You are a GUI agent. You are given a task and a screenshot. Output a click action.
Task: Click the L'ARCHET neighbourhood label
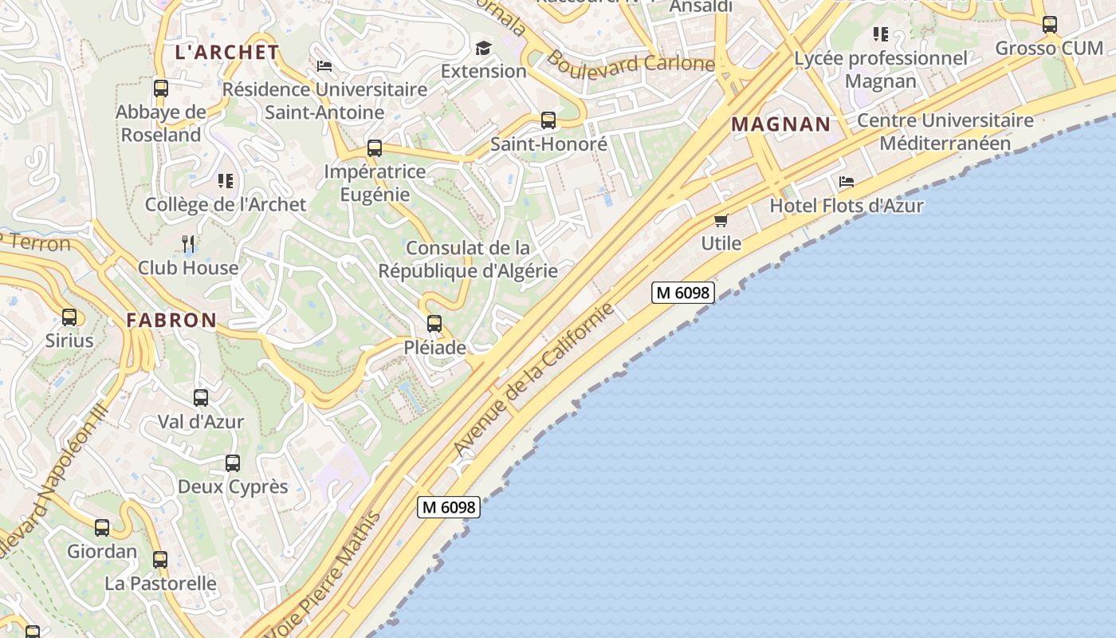point(226,53)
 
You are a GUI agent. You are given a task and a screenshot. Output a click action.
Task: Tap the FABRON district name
point(171,320)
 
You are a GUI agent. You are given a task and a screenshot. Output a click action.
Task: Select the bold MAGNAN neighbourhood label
point(780,124)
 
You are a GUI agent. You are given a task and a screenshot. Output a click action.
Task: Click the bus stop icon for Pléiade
point(434,324)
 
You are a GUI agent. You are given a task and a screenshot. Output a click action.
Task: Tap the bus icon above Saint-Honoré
point(548,120)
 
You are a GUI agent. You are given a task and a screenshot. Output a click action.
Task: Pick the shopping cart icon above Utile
point(721,220)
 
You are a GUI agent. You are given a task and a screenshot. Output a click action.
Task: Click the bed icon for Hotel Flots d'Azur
point(847,182)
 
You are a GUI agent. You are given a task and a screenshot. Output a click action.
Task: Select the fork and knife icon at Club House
point(188,243)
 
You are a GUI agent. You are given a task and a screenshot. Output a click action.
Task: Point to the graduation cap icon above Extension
point(483,49)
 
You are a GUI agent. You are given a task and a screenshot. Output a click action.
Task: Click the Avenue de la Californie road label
point(535,379)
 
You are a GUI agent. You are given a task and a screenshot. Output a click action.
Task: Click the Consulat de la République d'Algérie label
point(468,259)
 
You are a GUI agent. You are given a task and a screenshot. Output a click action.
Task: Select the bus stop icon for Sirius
point(69,317)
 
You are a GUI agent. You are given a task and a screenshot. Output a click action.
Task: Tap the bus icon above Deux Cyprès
point(233,463)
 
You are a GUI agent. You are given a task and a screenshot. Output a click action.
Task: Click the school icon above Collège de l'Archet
point(226,181)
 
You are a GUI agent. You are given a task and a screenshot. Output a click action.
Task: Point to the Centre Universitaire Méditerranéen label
point(945,132)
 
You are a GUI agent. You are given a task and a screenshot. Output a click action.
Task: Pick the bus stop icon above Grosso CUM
point(1050,25)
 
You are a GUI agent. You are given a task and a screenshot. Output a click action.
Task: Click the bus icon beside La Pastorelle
point(160,560)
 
